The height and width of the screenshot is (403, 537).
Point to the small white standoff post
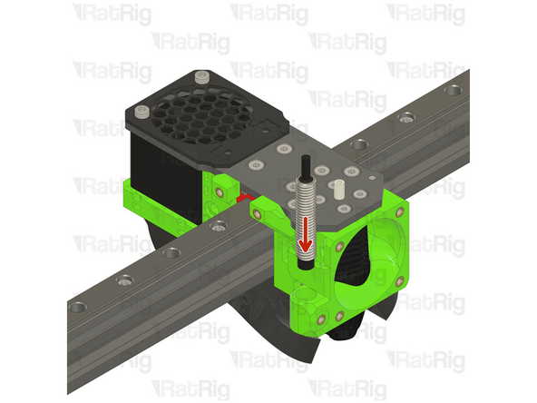pos(338,190)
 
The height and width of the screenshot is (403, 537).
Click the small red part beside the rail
pos(242,194)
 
